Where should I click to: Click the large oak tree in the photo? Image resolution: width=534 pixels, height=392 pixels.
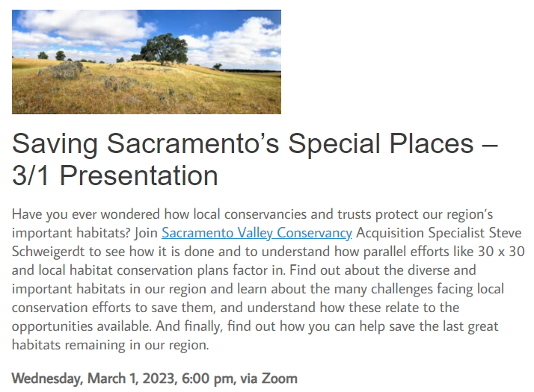tap(164, 49)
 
